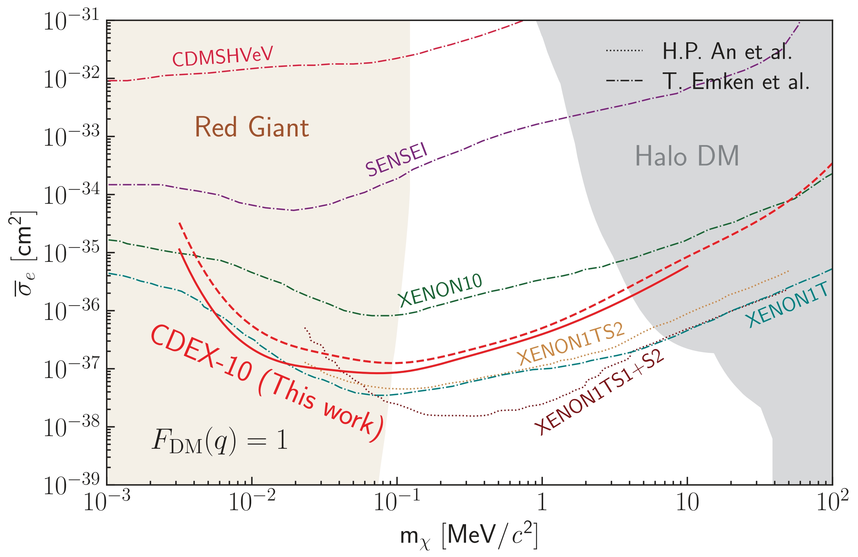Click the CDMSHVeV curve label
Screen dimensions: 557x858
point(223,56)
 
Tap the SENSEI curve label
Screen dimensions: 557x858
point(396,160)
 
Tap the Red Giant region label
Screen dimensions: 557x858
point(252,127)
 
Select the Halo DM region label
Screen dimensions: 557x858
point(687,156)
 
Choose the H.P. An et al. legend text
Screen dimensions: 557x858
point(727,51)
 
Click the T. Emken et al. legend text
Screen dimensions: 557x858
point(735,81)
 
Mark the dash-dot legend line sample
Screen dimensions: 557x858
point(624,80)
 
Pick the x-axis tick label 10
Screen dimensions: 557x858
point(687,502)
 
